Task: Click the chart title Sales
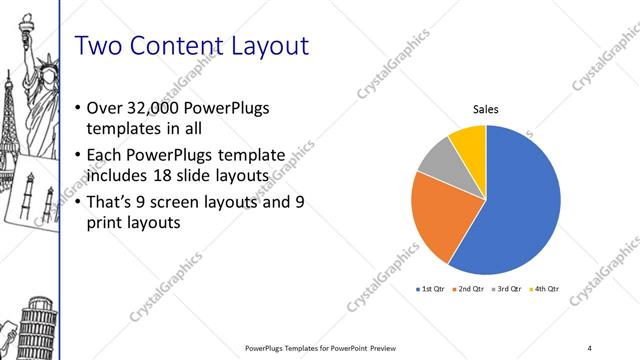point(486,110)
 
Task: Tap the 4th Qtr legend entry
point(546,288)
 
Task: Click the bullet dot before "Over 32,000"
point(80,107)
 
